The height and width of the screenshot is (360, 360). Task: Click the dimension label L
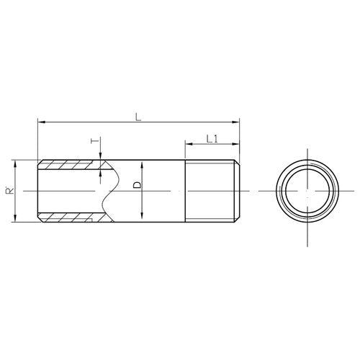pos(138,117)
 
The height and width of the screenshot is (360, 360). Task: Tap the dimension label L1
pos(212,139)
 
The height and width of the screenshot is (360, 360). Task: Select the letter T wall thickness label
pos(95,140)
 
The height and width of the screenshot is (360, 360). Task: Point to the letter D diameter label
pos(138,185)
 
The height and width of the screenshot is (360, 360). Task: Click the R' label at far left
pos(9,190)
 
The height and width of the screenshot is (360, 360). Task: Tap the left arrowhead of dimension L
pos(41,122)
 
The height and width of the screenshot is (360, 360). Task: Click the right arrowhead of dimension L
pos(236,122)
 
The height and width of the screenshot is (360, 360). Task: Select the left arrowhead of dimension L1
pos(189,144)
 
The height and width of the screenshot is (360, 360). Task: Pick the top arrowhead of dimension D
pos(142,166)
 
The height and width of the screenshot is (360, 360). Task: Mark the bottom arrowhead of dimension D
pos(142,215)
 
